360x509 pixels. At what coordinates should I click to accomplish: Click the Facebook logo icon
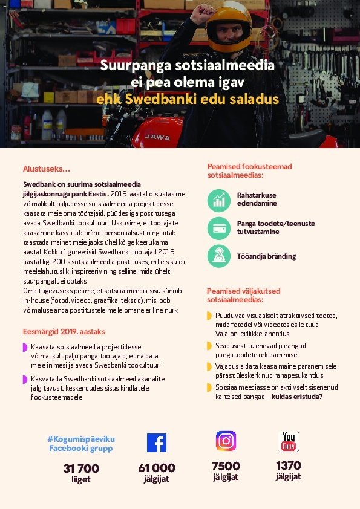[x=156, y=443]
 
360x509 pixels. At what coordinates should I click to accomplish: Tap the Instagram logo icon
[x=226, y=441]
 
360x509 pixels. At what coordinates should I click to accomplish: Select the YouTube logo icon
[x=289, y=441]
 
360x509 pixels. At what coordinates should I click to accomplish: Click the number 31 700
[x=80, y=468]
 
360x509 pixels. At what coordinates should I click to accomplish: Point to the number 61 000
[x=157, y=468]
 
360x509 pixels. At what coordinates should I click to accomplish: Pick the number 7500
[x=226, y=466]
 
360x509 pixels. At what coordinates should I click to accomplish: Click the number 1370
[x=289, y=465]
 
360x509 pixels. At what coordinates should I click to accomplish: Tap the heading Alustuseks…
[x=47, y=169]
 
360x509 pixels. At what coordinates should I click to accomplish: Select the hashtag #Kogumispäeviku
[x=80, y=438]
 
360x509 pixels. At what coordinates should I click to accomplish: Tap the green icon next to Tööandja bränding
[x=219, y=256]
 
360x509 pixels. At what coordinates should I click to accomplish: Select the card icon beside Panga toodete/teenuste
[x=219, y=228]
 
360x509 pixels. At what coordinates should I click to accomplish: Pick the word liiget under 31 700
[x=80, y=479]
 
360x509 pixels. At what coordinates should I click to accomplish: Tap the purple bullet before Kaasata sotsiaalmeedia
[x=25, y=348]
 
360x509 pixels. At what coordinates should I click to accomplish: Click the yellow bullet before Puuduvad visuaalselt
[x=209, y=316]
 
